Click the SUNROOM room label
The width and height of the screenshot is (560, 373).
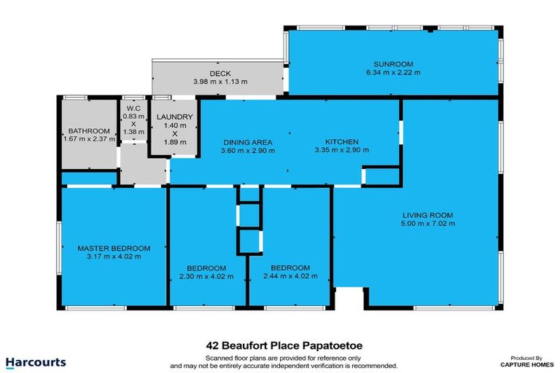click(x=393, y=64)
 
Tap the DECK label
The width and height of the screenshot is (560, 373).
click(x=219, y=74)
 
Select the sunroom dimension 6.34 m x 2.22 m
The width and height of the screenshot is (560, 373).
click(x=393, y=73)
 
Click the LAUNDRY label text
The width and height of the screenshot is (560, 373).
click(x=174, y=117)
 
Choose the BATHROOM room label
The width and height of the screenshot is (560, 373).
click(x=89, y=130)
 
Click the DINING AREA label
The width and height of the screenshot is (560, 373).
click(x=247, y=141)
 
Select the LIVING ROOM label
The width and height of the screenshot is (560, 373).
click(x=428, y=215)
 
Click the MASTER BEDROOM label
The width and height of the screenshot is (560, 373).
click(x=114, y=248)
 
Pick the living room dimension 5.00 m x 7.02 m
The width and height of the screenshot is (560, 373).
click(x=428, y=224)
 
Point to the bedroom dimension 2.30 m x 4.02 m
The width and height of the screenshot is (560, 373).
click(x=206, y=276)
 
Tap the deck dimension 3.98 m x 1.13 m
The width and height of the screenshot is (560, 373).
click(x=219, y=82)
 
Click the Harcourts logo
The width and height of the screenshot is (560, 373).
click(x=36, y=362)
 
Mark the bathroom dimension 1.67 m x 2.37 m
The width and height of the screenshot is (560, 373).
click(x=89, y=138)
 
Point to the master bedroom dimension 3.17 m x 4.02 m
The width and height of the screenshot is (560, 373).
click(x=114, y=256)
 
